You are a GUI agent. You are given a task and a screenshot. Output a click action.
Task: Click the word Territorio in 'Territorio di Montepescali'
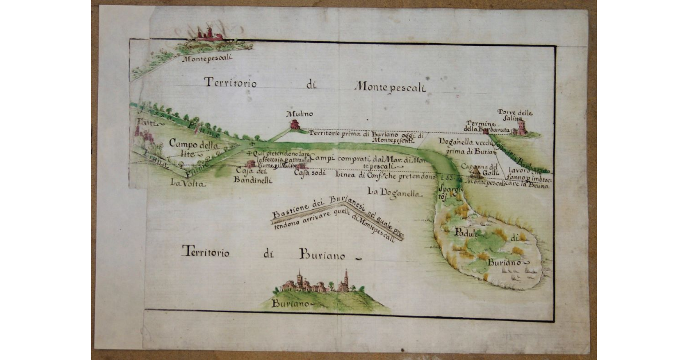[230, 83]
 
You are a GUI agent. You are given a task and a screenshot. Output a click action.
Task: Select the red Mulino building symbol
[295, 124]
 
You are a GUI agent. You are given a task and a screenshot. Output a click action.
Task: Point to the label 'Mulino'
[296, 115]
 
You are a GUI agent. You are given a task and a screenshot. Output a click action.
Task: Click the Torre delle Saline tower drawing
[522, 127]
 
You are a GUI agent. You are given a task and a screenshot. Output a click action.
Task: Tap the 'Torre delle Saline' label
[514, 115]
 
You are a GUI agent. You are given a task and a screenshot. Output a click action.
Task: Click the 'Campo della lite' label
[190, 148]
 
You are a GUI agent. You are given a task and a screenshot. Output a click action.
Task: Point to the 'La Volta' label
[187, 183]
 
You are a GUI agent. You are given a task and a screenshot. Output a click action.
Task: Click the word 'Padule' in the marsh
[469, 232]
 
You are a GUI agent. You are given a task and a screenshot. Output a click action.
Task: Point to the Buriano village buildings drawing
[322, 284]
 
